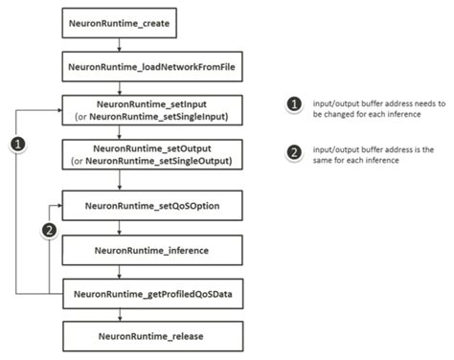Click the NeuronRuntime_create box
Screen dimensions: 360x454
tap(117, 20)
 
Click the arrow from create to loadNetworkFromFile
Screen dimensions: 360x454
tap(117, 45)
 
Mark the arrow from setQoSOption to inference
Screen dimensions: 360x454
tap(117, 228)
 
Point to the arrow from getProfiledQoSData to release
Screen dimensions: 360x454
tap(117, 315)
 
